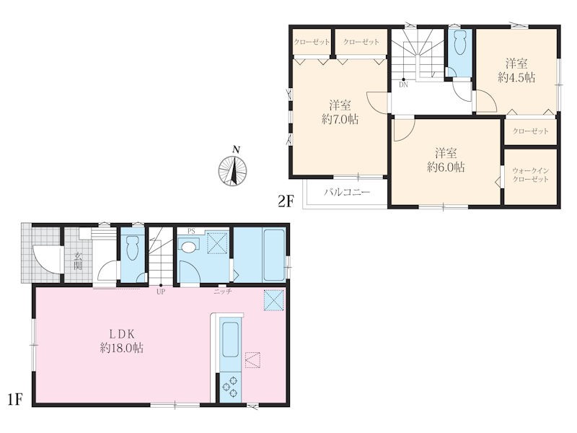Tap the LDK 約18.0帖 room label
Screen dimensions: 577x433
(122, 341)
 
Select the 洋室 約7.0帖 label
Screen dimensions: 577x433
(340, 113)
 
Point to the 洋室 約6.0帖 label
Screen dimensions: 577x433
(446, 159)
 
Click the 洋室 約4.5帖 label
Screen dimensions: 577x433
(516, 70)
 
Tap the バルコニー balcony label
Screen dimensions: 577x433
(347, 192)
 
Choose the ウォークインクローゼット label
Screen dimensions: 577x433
(531, 175)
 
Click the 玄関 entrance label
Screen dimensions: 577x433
(78, 261)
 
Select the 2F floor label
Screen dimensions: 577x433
(286, 201)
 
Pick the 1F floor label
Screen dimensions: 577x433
(15, 399)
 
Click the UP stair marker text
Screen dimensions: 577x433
(161, 292)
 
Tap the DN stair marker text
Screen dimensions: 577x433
(403, 84)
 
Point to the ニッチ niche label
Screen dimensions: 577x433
(223, 292)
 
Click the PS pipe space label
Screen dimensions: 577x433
(191, 232)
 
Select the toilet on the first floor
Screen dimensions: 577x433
(132, 248)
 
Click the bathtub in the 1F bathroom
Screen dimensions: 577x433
(274, 255)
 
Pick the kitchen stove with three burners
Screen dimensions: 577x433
(230, 388)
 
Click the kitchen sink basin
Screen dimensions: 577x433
(230, 339)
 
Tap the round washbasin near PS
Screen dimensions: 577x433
(188, 247)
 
